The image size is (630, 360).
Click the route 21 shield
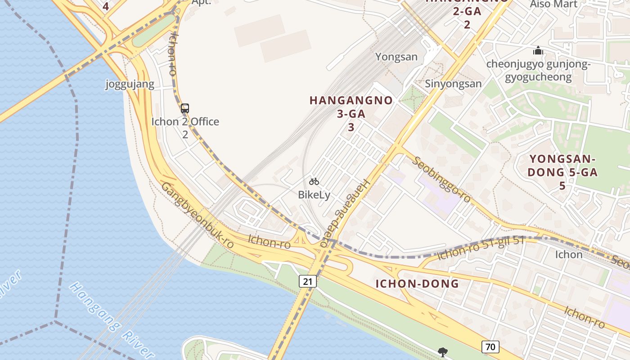(x=308, y=282)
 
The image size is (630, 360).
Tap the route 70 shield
(x=490, y=346)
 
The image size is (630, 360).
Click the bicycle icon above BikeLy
(x=314, y=181)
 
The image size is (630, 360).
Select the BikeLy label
(x=314, y=195)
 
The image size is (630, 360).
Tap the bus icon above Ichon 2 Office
(x=185, y=108)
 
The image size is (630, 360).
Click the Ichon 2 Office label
(x=185, y=122)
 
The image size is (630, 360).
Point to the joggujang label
(x=130, y=84)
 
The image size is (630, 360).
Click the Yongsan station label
(x=396, y=57)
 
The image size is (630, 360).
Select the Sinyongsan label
(x=453, y=84)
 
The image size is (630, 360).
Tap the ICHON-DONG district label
(x=417, y=283)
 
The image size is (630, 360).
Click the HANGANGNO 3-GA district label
(x=351, y=113)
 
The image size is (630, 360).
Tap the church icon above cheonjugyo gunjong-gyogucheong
(x=538, y=51)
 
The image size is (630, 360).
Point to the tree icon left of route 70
(x=443, y=352)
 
